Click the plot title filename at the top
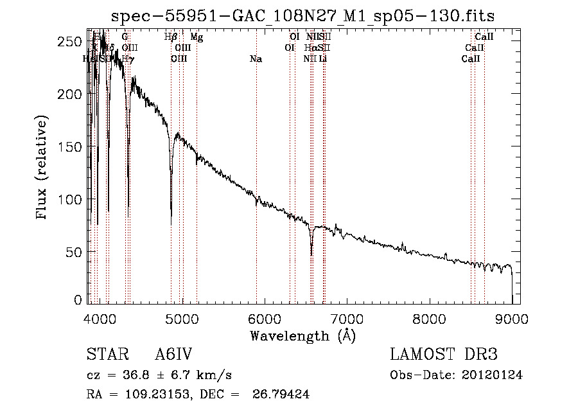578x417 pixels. tap(303, 16)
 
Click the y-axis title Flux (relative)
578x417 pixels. tap(42, 169)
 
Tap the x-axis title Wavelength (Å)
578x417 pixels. tap(302, 335)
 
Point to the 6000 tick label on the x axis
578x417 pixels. tap(265, 318)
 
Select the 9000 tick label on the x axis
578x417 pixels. tap(512, 318)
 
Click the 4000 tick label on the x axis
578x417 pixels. tap(100, 318)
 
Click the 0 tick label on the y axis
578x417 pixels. tap(78, 299)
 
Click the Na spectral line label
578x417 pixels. tap(256, 59)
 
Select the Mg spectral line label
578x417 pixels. tap(197, 38)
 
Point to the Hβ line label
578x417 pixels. tap(171, 38)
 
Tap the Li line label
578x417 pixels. tap(323, 59)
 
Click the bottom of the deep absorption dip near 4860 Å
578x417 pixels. tap(171, 223)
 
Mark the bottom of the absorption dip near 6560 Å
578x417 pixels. tap(311, 254)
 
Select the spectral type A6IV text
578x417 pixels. tap(173, 355)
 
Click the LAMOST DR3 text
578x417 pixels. tap(444, 355)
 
